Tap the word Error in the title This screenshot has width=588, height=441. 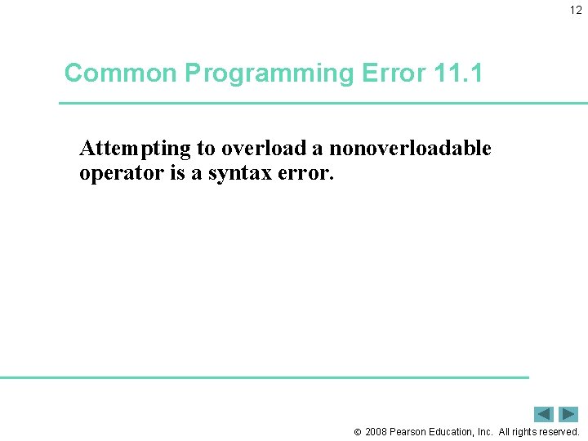coord(390,73)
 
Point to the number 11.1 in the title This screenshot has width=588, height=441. coord(458,73)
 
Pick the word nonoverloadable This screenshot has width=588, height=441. coord(410,149)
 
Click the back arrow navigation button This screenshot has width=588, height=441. coord(544,414)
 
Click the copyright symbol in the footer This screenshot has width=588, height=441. coord(357,432)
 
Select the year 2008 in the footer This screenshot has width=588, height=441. coord(376,432)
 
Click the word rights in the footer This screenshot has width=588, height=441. coord(523,432)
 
